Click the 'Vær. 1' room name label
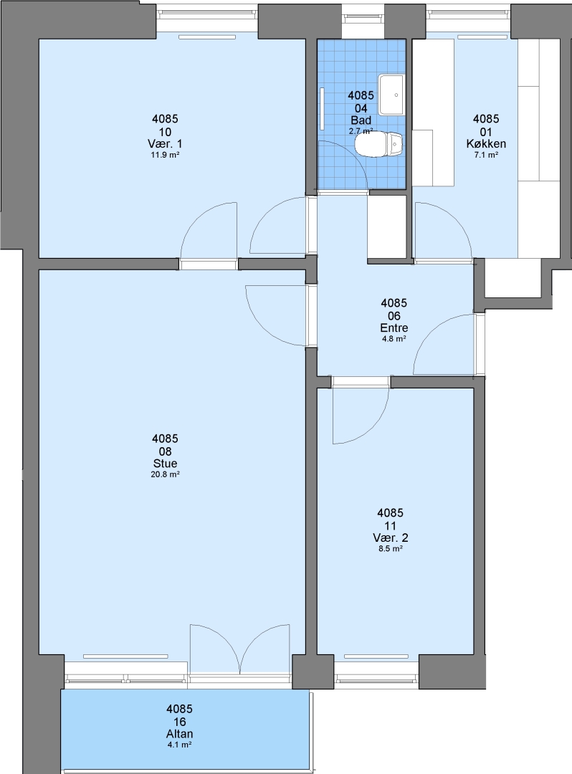coord(165,144)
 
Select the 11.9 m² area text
coord(165,155)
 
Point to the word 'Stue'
coord(165,464)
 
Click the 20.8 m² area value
coord(165,475)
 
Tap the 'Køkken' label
coord(486,144)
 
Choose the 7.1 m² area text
coord(486,155)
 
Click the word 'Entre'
coord(394,328)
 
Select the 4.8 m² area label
coord(394,339)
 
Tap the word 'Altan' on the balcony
coord(179,734)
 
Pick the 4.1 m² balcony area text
coord(179,745)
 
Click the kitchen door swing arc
coord(442,231)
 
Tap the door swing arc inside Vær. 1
coord(209,230)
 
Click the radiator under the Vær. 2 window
coord(376,656)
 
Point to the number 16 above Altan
coord(179,722)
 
